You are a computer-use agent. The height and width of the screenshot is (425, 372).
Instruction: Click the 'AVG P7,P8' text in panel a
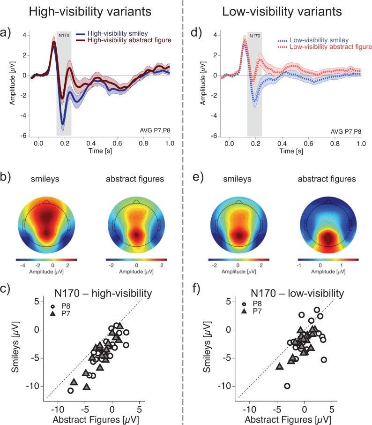click(152, 128)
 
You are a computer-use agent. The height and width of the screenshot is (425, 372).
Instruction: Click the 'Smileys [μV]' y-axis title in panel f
click(208, 349)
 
